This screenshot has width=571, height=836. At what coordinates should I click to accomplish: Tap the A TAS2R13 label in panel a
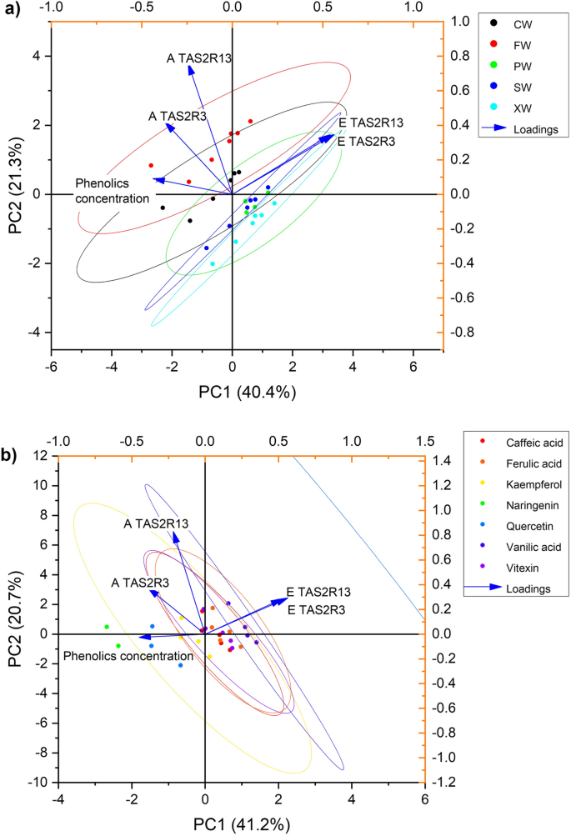tap(198, 58)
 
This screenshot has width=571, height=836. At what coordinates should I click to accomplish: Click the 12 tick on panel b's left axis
tap(39, 456)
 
